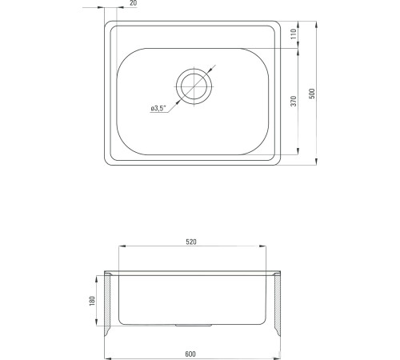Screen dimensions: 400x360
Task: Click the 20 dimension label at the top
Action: coord(134,3)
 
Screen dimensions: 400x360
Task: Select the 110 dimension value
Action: coord(294,34)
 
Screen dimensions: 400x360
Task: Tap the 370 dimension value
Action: coord(294,101)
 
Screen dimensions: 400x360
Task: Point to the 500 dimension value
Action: coord(312,94)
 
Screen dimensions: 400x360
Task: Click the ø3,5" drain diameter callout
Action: coord(158,108)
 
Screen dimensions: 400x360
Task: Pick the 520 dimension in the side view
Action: coord(191,242)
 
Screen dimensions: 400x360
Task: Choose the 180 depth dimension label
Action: coord(92,301)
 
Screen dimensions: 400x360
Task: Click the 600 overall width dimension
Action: coord(190,354)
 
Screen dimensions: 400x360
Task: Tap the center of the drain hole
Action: coord(194,86)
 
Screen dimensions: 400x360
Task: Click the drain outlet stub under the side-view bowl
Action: coord(194,326)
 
